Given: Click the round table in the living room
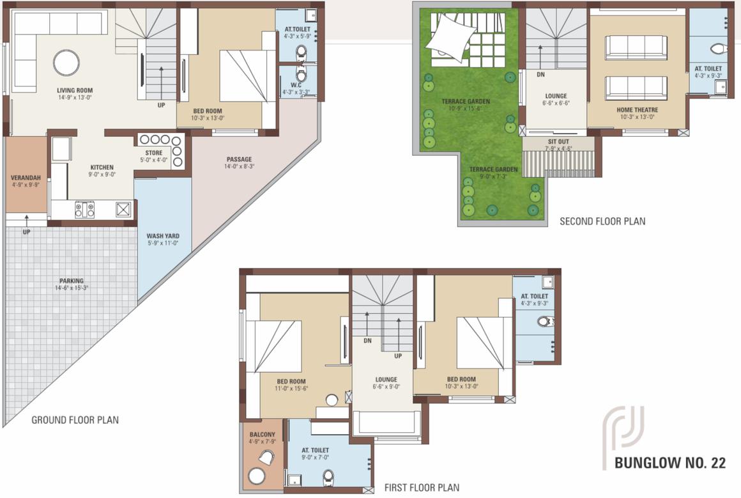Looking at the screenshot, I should [x=66, y=63].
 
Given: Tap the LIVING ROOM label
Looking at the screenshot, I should [x=75, y=91].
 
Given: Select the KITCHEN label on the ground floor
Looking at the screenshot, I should [x=102, y=167].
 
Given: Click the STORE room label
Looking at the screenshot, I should [x=153, y=153].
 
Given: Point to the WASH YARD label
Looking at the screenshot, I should [x=162, y=235].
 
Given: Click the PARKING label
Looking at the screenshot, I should [x=71, y=281].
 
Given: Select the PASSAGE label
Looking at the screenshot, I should [x=239, y=159].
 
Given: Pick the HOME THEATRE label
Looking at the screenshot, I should [x=637, y=110].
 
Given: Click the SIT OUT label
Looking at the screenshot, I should [x=558, y=142].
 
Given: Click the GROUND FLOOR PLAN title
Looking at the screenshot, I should [x=75, y=420].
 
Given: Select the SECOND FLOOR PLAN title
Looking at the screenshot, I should [x=602, y=221].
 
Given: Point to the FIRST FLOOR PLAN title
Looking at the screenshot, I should [x=422, y=487].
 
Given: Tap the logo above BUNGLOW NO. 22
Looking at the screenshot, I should [x=623, y=430].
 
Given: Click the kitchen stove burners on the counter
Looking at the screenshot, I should [x=84, y=209].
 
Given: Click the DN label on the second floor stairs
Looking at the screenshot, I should [x=540, y=74].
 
